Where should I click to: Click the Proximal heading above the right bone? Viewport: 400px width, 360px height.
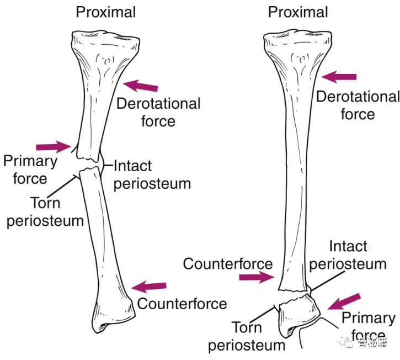[298, 12]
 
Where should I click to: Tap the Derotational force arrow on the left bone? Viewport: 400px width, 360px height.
[141, 86]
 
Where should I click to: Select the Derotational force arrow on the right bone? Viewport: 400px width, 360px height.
[339, 77]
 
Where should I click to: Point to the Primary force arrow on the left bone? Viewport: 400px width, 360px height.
[54, 146]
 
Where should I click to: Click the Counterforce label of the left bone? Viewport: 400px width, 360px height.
[182, 304]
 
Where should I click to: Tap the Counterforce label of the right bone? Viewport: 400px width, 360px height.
[228, 263]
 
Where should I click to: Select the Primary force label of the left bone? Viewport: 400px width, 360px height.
[30, 170]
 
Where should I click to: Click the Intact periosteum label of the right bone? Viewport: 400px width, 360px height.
[348, 255]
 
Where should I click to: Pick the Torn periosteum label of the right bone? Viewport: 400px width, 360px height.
[252, 336]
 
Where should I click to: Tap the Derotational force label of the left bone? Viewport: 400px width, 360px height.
[158, 112]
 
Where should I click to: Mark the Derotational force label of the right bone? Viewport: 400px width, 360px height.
[357, 105]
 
